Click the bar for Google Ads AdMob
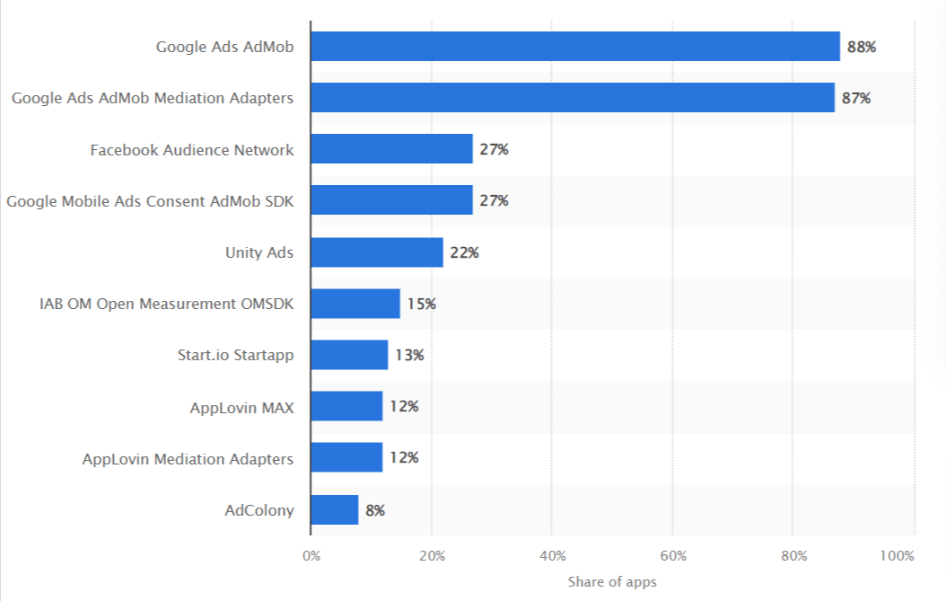pyautogui.click(x=574, y=47)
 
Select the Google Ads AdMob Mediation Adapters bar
pyautogui.click(x=572, y=98)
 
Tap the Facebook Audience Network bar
pyautogui.click(x=391, y=149)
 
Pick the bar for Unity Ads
pyautogui.click(x=376, y=252)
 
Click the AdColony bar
pyautogui.click(x=334, y=510)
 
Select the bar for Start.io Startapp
pyautogui.click(x=349, y=355)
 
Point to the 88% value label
pyautogui.click(x=862, y=47)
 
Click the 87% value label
pyautogui.click(x=856, y=98)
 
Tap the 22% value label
pyautogui.click(x=464, y=252)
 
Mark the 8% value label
pyautogui.click(x=375, y=510)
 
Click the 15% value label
pyautogui.click(x=421, y=304)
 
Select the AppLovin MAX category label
pyautogui.click(x=241, y=407)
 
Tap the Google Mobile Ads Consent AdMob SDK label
pyautogui.click(x=150, y=201)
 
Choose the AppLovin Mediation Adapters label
pyautogui.click(x=188, y=459)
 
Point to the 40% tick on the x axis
pyautogui.click(x=552, y=555)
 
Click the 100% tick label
pyautogui.click(x=898, y=555)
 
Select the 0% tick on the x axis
pyautogui.click(x=311, y=555)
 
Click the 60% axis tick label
pyautogui.click(x=672, y=555)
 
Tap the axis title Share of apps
pyautogui.click(x=612, y=582)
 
